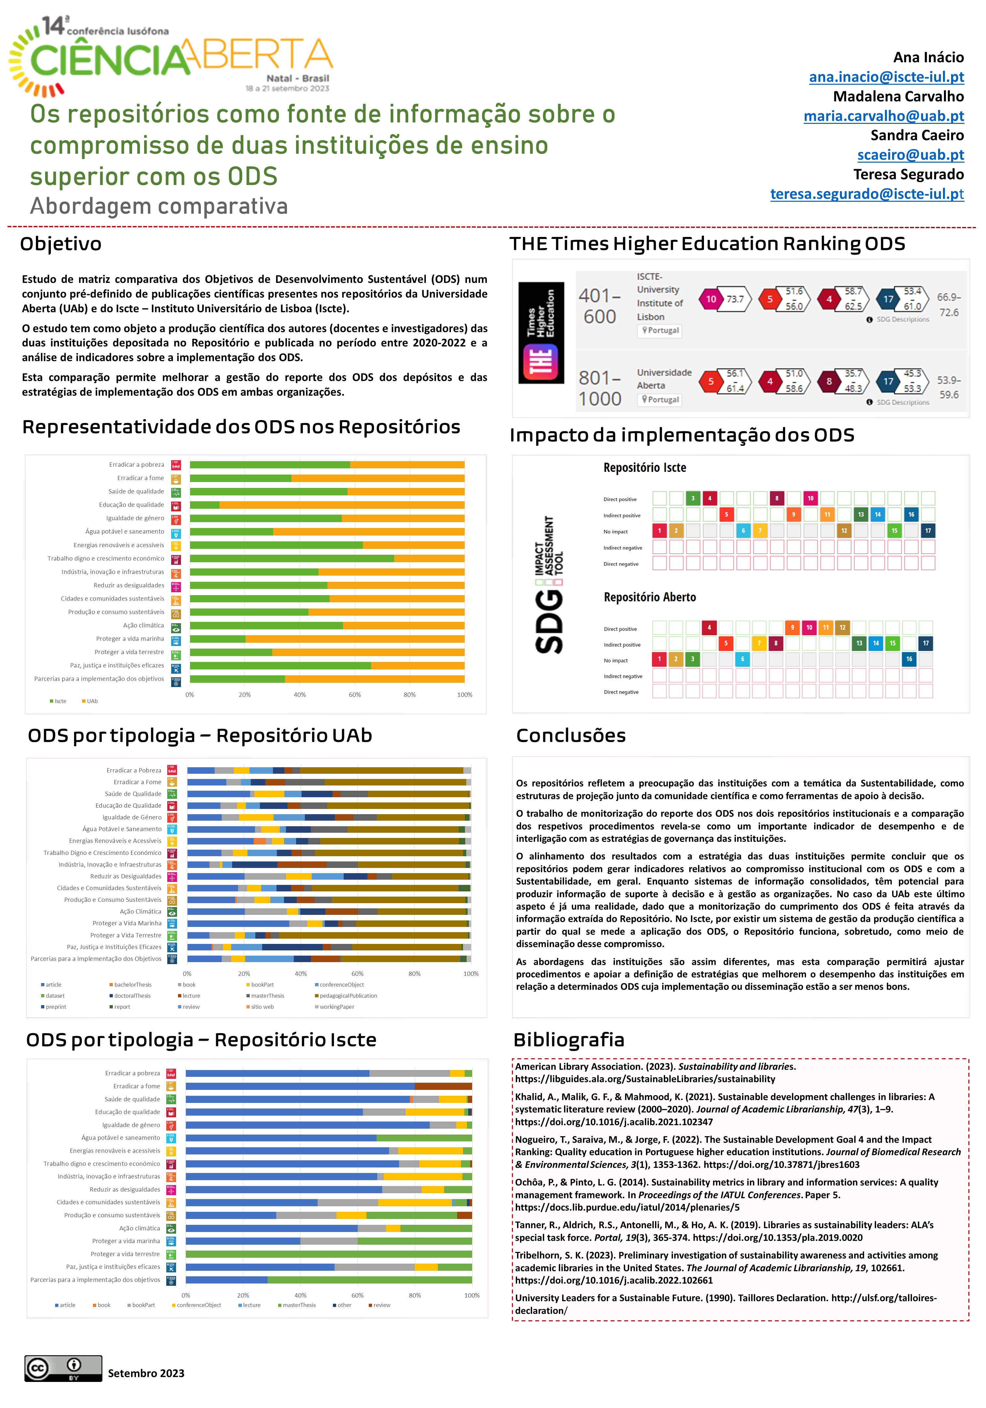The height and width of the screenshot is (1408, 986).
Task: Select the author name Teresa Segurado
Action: point(908,175)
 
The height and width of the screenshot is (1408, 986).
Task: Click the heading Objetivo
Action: point(61,244)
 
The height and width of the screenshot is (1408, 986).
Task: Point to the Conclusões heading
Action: point(571,735)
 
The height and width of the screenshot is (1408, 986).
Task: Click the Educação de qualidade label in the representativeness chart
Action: point(131,505)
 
